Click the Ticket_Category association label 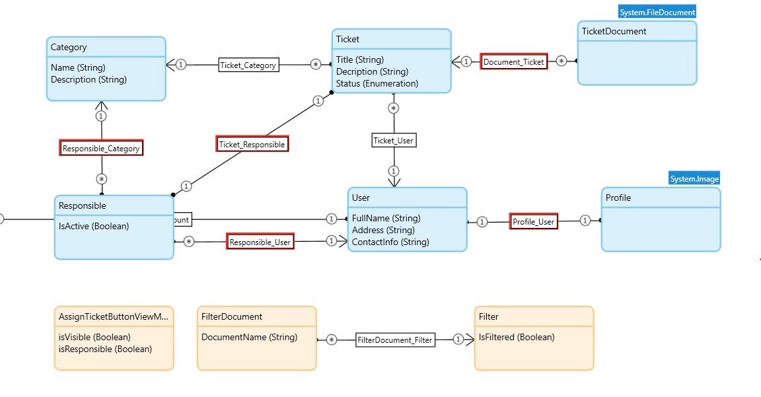pyautogui.click(x=248, y=65)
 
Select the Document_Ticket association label pyautogui.click(x=514, y=61)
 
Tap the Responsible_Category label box pyautogui.click(x=101, y=148)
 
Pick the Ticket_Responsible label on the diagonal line pyautogui.click(x=252, y=144)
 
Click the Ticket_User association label pyautogui.click(x=394, y=140)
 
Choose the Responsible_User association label pyautogui.click(x=260, y=242)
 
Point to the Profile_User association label pyautogui.click(x=534, y=221)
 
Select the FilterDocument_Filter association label pyautogui.click(x=395, y=340)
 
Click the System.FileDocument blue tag pyautogui.click(x=657, y=12)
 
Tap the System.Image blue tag pyautogui.click(x=694, y=178)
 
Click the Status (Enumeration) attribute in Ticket pyautogui.click(x=377, y=83)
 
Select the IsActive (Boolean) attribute pyautogui.click(x=94, y=226)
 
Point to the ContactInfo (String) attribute pyautogui.click(x=390, y=242)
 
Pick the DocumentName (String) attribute pyautogui.click(x=249, y=337)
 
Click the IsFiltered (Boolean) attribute pyautogui.click(x=517, y=337)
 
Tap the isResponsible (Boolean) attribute pyautogui.click(x=105, y=349)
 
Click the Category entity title pyautogui.click(x=69, y=47)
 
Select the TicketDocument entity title pyautogui.click(x=614, y=31)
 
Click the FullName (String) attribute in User pyautogui.click(x=386, y=218)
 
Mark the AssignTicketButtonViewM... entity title pyautogui.click(x=113, y=316)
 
